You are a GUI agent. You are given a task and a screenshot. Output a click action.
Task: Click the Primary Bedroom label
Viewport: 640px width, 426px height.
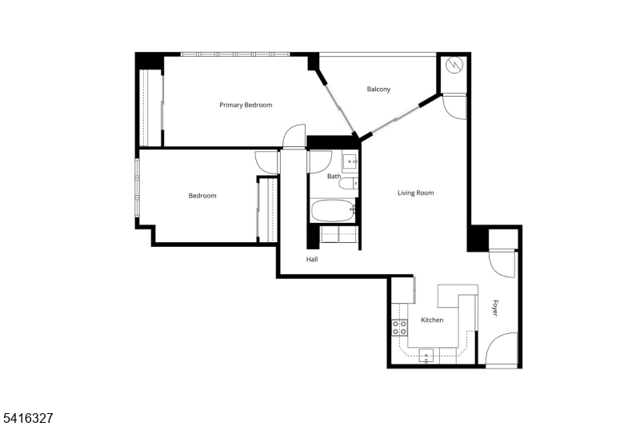[x=246, y=106]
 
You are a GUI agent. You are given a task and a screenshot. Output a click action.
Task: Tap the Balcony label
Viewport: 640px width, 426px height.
[x=378, y=90]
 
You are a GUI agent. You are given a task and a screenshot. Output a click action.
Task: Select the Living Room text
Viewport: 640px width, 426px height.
[x=415, y=193]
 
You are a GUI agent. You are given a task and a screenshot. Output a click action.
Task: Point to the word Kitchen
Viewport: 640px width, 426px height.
[x=432, y=320]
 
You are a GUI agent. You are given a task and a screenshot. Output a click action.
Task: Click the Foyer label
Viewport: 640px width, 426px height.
[x=494, y=308]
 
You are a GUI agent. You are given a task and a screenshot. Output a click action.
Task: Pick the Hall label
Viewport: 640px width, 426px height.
[x=312, y=259]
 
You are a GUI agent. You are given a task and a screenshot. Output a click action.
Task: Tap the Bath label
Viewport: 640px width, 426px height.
[x=334, y=177]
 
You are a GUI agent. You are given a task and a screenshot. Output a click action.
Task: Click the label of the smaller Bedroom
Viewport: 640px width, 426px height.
[x=202, y=196]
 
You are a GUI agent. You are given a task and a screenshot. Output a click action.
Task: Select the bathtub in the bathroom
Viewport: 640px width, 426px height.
[x=334, y=210]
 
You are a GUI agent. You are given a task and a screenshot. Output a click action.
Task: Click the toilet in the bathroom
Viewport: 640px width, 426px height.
[x=348, y=184]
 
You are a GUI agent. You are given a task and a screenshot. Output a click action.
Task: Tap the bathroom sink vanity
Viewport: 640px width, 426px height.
[x=350, y=161]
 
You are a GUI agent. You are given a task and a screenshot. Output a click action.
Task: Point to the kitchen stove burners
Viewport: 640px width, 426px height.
[x=399, y=328]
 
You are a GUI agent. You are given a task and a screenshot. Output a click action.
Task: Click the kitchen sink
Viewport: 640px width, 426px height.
[x=426, y=356]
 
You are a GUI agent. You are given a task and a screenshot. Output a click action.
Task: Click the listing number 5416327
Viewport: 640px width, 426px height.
[x=28, y=418]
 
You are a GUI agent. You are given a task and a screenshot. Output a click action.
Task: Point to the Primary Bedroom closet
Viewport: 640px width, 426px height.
[x=150, y=108]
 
